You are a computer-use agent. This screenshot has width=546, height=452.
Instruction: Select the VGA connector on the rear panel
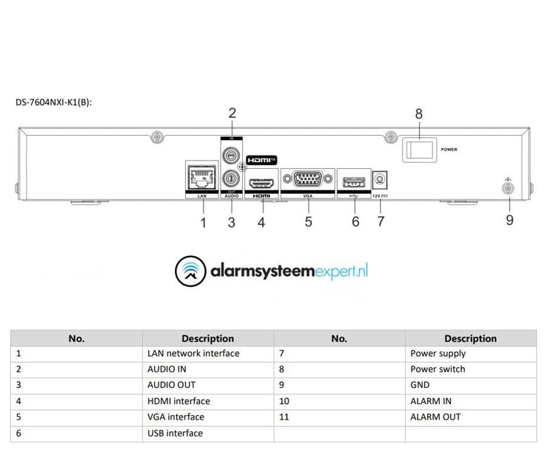tap(306, 179)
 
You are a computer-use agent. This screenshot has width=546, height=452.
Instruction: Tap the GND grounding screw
tap(508, 190)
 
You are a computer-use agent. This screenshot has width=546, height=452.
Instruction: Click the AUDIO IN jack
tap(232, 156)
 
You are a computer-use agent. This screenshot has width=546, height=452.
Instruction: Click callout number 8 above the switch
tap(419, 114)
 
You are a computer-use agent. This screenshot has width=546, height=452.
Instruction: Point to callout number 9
tap(509, 220)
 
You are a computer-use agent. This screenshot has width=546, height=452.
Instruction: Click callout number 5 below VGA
tap(308, 220)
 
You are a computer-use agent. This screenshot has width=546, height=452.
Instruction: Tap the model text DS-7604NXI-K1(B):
tap(53, 102)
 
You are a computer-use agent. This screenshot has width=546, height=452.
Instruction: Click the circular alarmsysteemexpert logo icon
tap(190, 271)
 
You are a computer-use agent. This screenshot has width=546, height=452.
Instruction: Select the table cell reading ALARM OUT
tap(435, 417)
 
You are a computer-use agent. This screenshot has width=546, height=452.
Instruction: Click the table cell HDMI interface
tap(179, 401)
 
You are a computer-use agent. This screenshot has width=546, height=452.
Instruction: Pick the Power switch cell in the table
tap(438, 369)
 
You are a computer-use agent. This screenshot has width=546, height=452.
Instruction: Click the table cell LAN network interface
tap(193, 353)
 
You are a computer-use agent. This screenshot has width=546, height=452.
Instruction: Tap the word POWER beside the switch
tap(449, 150)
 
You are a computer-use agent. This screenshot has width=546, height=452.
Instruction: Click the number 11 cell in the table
tap(285, 417)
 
